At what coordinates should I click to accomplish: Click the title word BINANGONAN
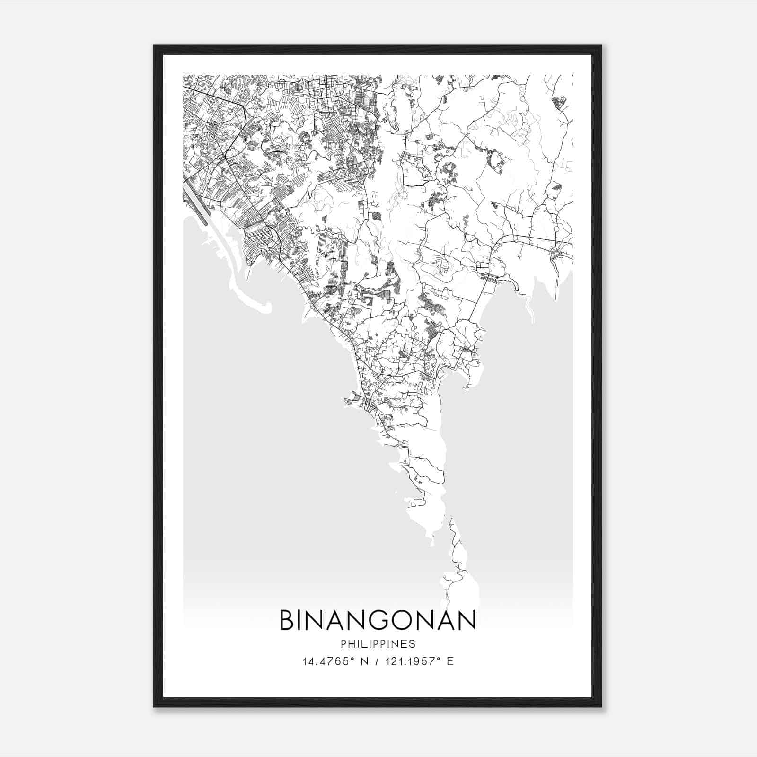[378, 621]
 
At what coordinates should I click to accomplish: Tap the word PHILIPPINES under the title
[378, 644]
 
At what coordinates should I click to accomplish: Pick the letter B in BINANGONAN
[287, 621]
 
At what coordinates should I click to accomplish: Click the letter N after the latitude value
[364, 661]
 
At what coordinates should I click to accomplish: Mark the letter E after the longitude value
[450, 661]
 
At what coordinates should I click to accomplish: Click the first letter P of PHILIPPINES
[343, 644]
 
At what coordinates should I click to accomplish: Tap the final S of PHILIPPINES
[413, 644]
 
